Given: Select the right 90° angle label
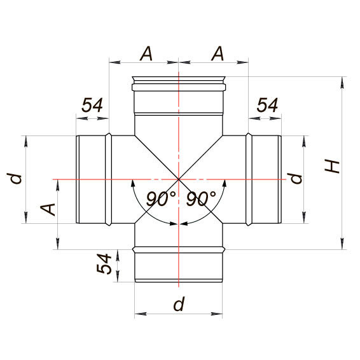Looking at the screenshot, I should click(x=201, y=199).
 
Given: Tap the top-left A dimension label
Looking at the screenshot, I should click(x=146, y=54).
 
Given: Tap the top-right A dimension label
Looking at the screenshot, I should click(x=218, y=54).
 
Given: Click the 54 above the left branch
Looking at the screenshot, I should click(x=92, y=106).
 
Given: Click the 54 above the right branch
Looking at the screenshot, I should click(x=267, y=106).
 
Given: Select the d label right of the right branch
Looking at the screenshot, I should click(x=296, y=177).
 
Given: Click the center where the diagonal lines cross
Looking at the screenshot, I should click(x=179, y=179).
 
